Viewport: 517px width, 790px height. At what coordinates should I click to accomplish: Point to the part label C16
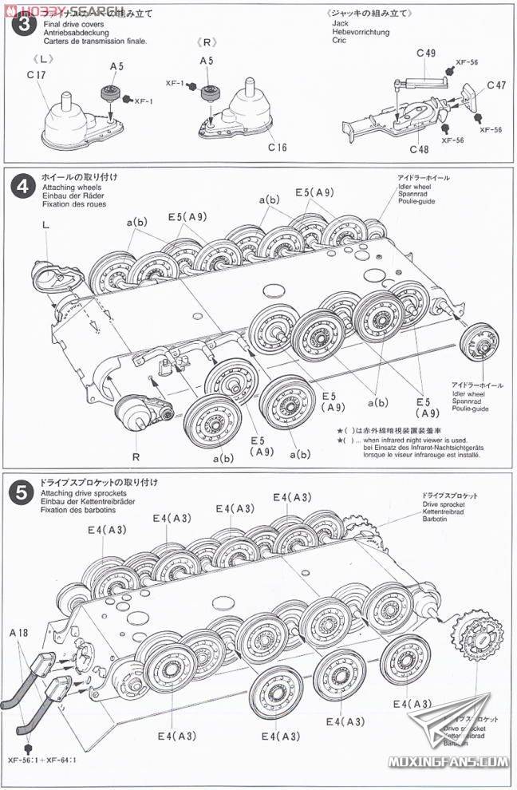[278, 147]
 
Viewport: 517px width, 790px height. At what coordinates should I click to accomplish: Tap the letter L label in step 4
[45, 226]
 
